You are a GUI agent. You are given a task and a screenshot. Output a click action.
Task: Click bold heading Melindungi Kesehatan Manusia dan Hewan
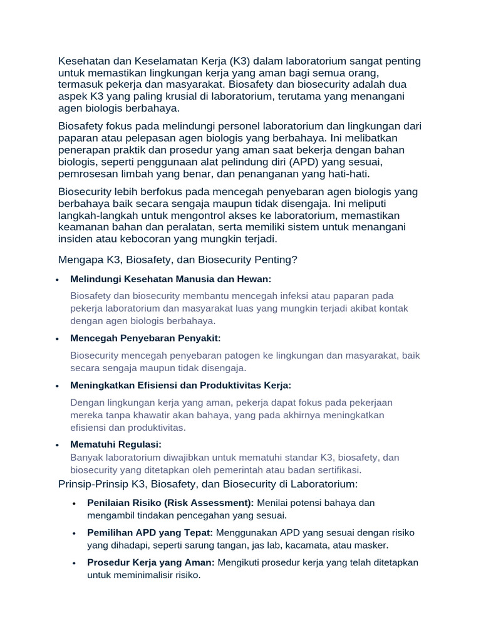tap(171, 278)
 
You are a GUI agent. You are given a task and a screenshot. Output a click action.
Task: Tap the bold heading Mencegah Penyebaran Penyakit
tap(145, 338)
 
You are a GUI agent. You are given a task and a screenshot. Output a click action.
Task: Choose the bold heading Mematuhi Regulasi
tap(116, 444)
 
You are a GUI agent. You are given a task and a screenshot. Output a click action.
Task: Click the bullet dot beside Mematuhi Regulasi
tap(57, 445)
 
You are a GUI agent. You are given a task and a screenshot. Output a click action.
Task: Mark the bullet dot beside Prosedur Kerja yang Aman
tap(74, 563)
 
